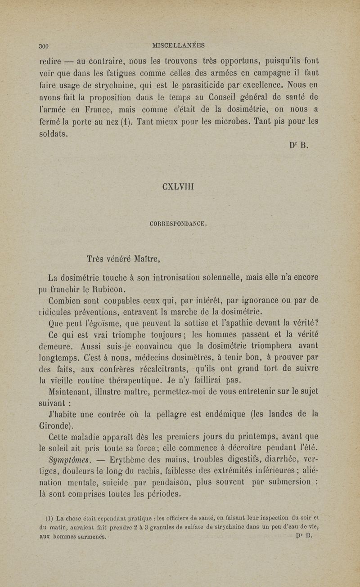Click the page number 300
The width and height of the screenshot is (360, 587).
44,45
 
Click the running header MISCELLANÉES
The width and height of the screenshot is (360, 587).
179,45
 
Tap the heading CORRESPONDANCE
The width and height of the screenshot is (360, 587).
179,223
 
